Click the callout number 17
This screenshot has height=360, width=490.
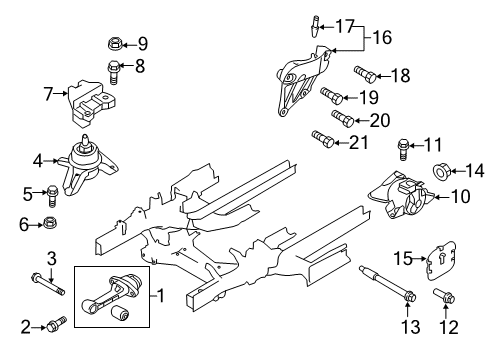[x=344, y=26]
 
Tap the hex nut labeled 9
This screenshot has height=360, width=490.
[x=115, y=43]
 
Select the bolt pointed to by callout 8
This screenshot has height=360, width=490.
[x=113, y=71]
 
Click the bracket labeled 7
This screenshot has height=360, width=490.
[x=92, y=103]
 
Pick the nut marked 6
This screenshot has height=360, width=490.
[x=50, y=222]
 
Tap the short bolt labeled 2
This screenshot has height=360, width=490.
[x=57, y=324]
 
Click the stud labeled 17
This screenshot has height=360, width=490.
[x=314, y=26]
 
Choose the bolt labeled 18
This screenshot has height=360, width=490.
[x=365, y=74]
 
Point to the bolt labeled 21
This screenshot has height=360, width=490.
[x=323, y=139]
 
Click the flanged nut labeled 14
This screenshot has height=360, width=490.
[x=442, y=171]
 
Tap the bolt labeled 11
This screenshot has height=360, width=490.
[x=403, y=149]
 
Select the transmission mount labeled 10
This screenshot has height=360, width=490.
[x=401, y=195]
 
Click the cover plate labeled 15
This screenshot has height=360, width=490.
[x=440, y=260]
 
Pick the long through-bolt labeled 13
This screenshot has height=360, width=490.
[x=388, y=284]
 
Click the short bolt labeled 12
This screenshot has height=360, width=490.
[x=444, y=296]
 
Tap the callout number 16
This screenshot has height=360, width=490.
[x=382, y=37]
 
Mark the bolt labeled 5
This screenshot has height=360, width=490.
[x=53, y=195]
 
